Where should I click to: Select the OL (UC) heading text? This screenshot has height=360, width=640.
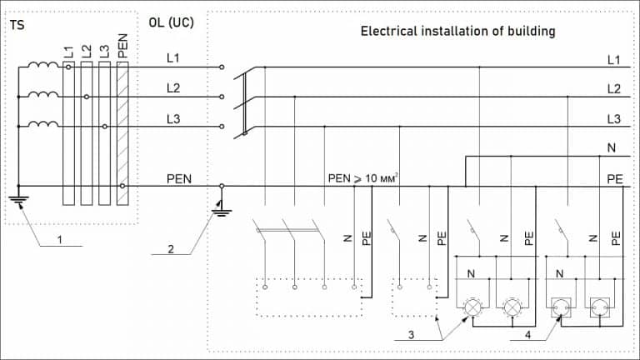[170, 22]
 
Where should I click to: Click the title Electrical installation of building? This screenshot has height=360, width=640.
[457, 32]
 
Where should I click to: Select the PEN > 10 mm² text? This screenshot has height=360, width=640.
[364, 177]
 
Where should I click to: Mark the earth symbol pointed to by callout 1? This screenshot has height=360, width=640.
[17, 200]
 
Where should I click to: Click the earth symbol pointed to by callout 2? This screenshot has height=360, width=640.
[221, 212]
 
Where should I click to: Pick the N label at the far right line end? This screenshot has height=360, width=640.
[613, 149]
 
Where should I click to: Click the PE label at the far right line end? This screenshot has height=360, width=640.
[613, 178]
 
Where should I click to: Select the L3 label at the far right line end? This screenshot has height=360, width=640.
[613, 119]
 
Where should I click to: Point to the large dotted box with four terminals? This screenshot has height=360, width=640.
[309, 297]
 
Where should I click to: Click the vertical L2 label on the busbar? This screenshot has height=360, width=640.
[87, 51]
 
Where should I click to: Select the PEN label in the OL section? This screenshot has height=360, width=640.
[180, 177]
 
